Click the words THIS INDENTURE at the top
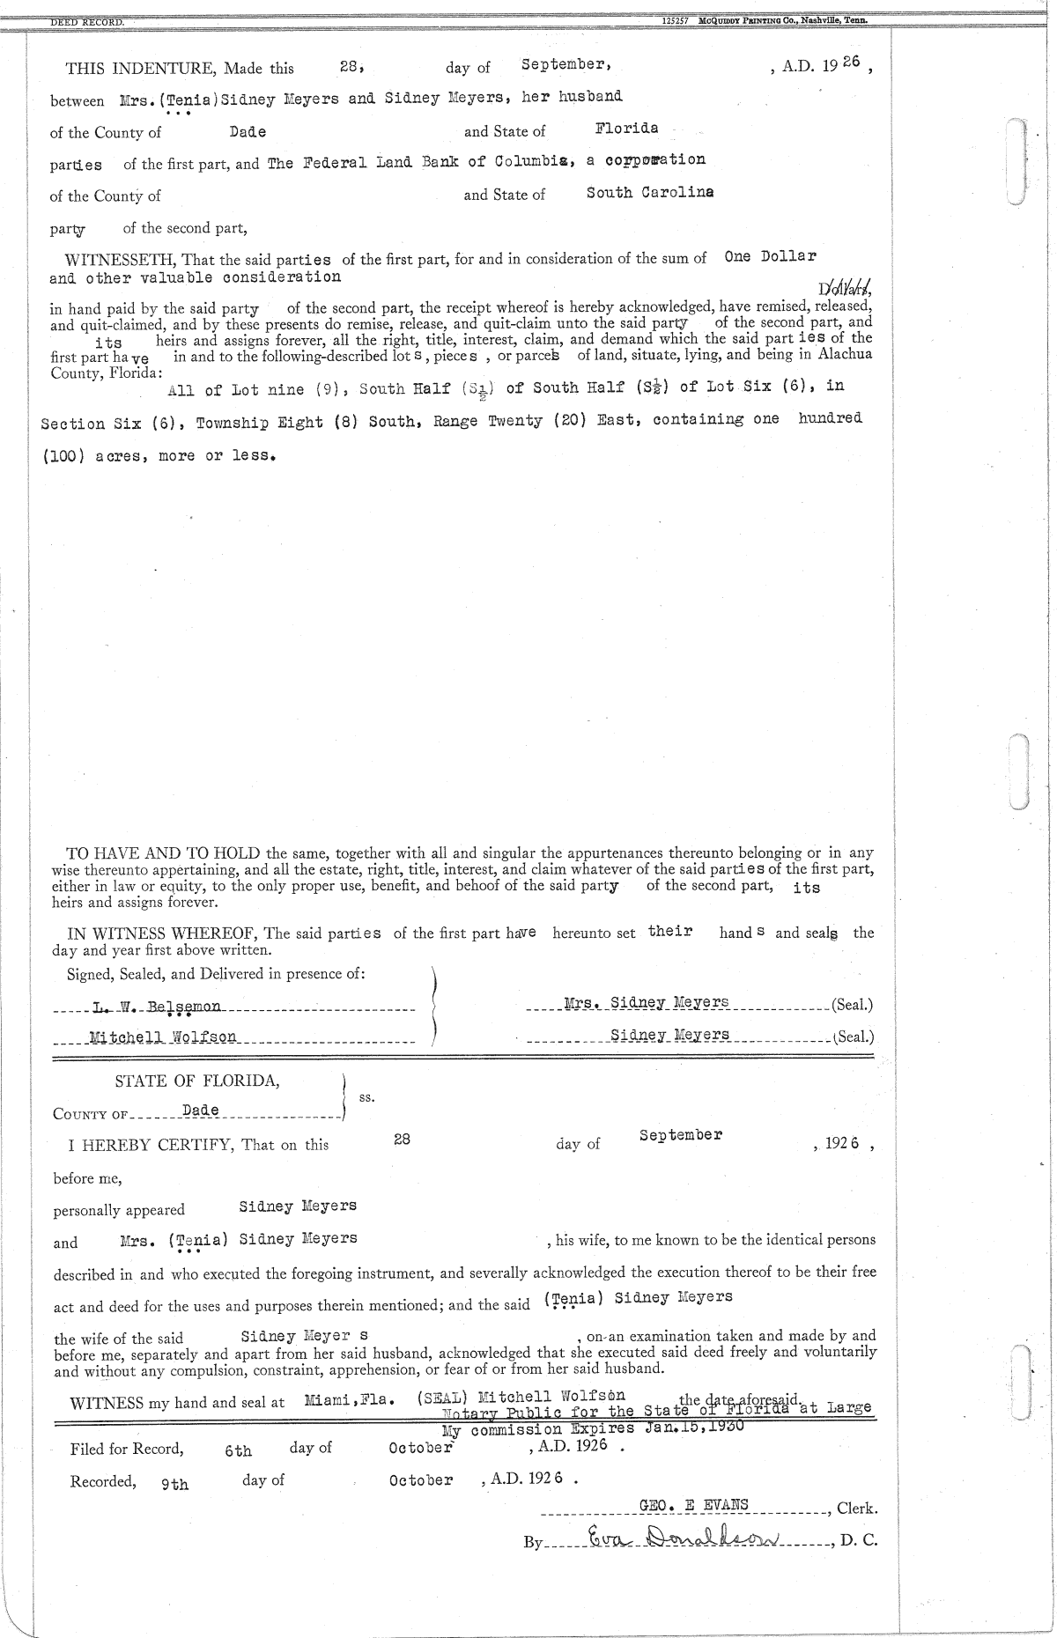coord(141,69)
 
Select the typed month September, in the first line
coord(562,64)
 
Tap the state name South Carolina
coord(650,193)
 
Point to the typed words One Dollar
coord(770,256)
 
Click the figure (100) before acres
coord(63,457)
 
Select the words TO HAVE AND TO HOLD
coord(164,852)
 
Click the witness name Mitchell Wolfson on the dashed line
coord(163,1037)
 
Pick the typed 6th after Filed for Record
coord(238,1451)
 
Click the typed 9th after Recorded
coord(174,1485)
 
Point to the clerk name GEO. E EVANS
coord(694,1505)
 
